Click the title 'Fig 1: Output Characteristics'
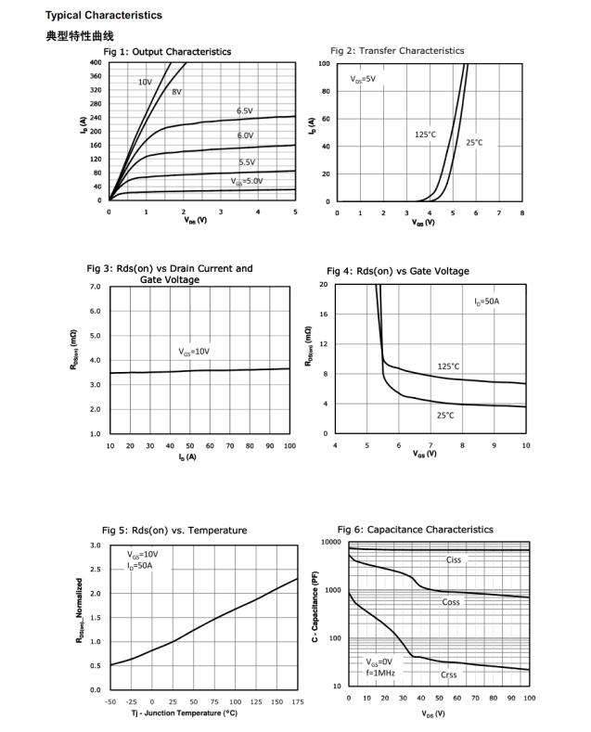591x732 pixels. (167, 51)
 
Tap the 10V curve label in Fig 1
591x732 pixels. (145, 82)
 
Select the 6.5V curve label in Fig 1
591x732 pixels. (245, 111)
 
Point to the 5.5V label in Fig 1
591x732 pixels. (247, 162)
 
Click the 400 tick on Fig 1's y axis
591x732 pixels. (96, 62)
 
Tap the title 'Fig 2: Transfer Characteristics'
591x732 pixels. (397, 50)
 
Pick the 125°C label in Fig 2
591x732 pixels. (425, 135)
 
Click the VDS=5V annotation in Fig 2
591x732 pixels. (364, 80)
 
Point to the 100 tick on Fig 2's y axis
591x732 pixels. (324, 63)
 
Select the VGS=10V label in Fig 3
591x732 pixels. (195, 352)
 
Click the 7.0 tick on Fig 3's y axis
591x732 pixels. (95, 287)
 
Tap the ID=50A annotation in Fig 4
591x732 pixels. (485, 302)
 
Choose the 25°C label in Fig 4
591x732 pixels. (445, 415)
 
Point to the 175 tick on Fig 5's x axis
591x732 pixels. (297, 702)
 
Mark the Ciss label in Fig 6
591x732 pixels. (454, 559)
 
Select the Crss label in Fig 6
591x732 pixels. (449, 674)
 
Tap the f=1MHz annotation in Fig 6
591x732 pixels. (381, 674)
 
